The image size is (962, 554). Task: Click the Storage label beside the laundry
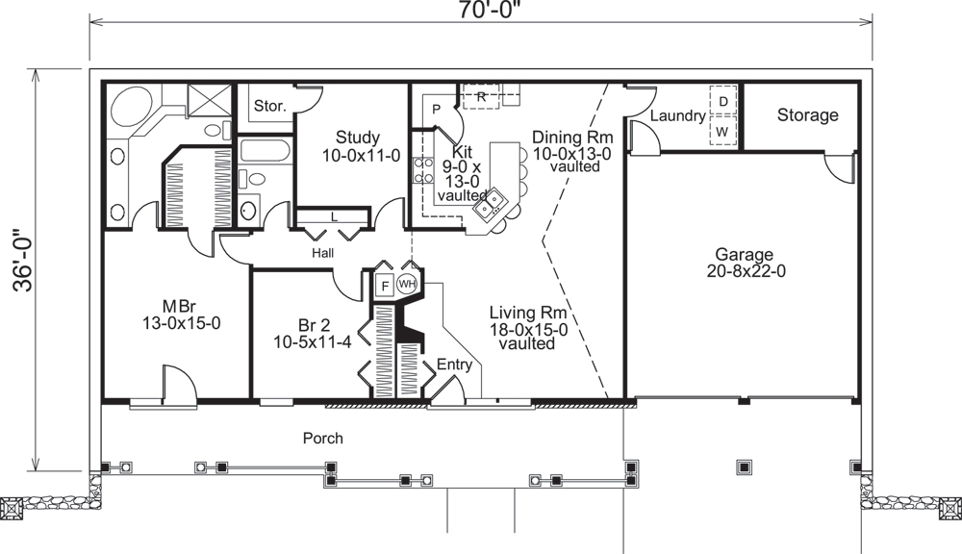[807, 115]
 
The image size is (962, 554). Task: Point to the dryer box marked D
[723, 99]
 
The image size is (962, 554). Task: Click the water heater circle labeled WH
[407, 285]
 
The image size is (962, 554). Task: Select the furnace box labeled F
[383, 286]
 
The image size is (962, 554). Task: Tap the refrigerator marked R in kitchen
[481, 96]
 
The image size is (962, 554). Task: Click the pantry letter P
[435, 109]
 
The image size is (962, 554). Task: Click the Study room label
[357, 138]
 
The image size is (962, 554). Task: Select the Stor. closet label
[270, 106]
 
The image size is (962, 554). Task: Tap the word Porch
[323, 438]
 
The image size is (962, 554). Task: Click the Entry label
[454, 365]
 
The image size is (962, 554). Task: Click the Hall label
[322, 252]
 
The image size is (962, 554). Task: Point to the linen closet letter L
[334, 216]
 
